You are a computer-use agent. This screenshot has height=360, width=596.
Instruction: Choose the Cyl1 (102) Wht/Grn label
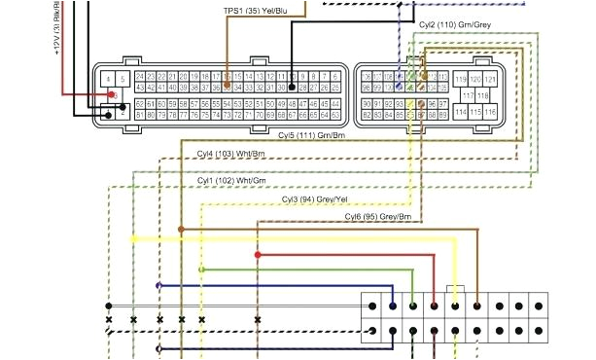point(231,181)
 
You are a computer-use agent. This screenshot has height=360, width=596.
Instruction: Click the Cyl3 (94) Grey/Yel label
point(314,199)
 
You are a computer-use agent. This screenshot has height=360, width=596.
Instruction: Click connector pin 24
point(141,76)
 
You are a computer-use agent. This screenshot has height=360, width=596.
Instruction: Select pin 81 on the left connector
point(141,115)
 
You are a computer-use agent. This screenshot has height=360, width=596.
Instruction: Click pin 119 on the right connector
point(461,77)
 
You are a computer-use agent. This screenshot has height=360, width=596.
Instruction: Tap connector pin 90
point(366,102)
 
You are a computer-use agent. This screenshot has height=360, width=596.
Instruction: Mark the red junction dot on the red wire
point(258,255)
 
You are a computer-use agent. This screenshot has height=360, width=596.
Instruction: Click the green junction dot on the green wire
point(201,270)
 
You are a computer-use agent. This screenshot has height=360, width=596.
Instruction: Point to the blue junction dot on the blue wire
point(158,286)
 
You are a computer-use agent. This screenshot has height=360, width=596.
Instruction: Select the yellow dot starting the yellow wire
point(133,238)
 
